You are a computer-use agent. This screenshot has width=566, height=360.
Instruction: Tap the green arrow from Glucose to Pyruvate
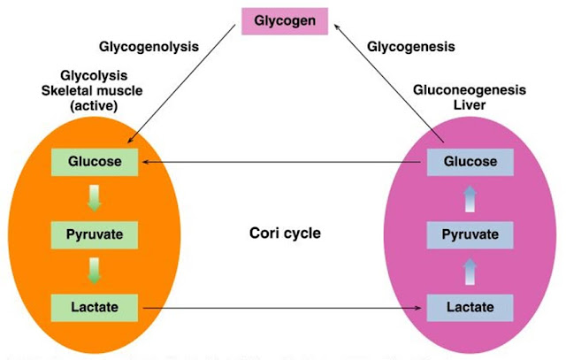[x=96, y=198]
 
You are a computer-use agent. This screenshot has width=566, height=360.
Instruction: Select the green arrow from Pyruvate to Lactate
[x=96, y=271]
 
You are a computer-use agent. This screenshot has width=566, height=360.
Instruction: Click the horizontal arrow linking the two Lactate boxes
[x=283, y=308]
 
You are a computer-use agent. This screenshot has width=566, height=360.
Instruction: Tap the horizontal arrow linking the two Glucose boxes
[x=283, y=163]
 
